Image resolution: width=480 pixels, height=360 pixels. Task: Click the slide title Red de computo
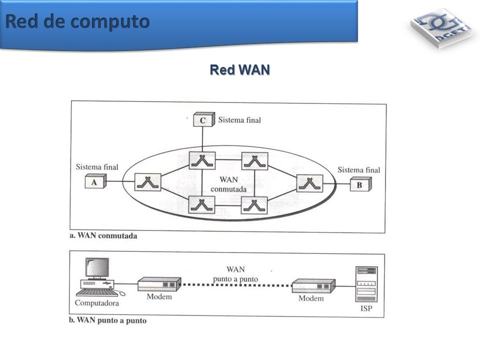click(77, 22)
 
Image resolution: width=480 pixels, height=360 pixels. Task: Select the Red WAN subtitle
click(239, 70)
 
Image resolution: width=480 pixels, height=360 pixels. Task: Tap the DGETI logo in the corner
click(441, 27)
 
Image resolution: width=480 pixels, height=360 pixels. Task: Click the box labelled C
click(204, 119)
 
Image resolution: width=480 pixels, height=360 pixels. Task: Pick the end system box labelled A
click(95, 181)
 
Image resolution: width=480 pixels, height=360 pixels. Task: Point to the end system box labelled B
click(360, 184)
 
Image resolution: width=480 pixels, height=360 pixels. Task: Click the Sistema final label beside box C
click(239, 120)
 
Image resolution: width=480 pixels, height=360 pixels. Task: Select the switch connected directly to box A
click(148, 182)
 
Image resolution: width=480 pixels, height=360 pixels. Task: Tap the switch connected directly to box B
click(310, 183)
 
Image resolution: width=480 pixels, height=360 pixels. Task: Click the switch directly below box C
click(202, 160)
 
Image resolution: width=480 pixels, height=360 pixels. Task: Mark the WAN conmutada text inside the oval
click(228, 184)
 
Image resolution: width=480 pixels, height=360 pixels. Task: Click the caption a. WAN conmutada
click(103, 235)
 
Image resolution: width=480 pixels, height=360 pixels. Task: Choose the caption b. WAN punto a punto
click(108, 320)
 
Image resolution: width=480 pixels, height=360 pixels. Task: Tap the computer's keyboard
click(96, 293)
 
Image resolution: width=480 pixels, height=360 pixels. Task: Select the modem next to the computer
click(159, 284)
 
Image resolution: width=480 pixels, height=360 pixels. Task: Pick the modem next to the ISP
click(313, 286)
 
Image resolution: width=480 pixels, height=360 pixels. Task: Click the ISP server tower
click(366, 284)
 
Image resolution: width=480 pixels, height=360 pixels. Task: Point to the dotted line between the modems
click(236, 285)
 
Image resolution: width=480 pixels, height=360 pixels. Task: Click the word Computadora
click(96, 303)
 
